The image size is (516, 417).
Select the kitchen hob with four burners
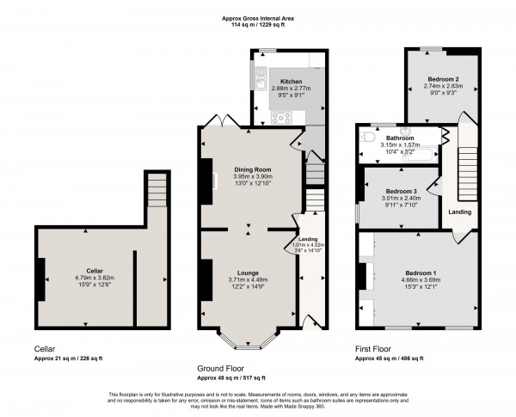[281, 117]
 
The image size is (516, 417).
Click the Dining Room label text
[250, 169]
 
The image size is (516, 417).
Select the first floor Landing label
[460, 210]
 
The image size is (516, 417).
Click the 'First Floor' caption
[373, 349]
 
